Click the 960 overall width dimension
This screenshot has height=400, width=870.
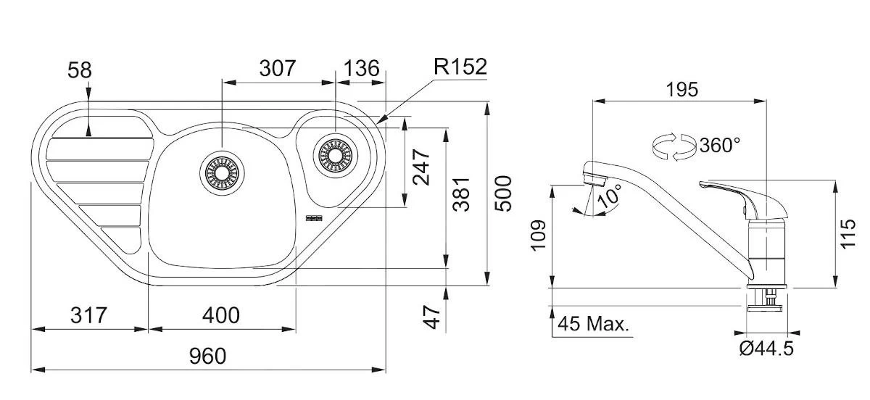(207, 356)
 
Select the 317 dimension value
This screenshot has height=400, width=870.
(88, 315)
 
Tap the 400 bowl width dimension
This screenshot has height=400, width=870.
(220, 315)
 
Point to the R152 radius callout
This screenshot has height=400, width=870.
(460, 67)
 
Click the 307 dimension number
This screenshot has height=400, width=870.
(278, 68)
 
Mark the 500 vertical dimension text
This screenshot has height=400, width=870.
(503, 193)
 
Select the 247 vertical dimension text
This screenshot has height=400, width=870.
(420, 167)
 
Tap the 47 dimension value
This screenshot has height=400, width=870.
(432, 317)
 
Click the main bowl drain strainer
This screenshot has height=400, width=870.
(222, 172)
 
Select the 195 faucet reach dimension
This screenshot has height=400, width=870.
(681, 89)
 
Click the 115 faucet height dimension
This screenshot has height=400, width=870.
(850, 233)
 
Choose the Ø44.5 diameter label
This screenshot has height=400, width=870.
(766, 349)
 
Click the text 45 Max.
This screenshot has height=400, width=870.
(594, 324)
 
